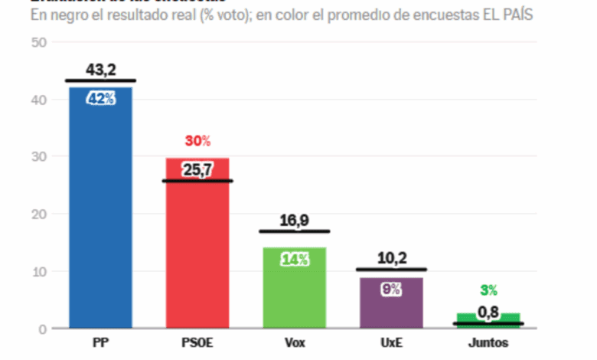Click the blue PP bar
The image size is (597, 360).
[x=100, y=214]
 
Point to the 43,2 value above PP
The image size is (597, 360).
[x=100, y=69]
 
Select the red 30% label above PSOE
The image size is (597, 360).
[x=197, y=141]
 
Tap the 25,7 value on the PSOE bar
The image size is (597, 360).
[x=197, y=170]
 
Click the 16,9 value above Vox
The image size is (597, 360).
[x=295, y=221]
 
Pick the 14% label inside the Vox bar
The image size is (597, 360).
[x=295, y=259]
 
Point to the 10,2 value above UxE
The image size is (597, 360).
[x=391, y=259]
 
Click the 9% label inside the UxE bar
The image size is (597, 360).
[x=391, y=289]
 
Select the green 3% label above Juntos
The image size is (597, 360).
[x=488, y=290]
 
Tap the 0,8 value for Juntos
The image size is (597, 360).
[x=488, y=312]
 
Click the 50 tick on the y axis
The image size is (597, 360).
[x=39, y=42]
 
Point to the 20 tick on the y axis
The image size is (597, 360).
[x=39, y=214]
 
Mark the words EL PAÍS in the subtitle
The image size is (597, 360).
[x=508, y=15]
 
